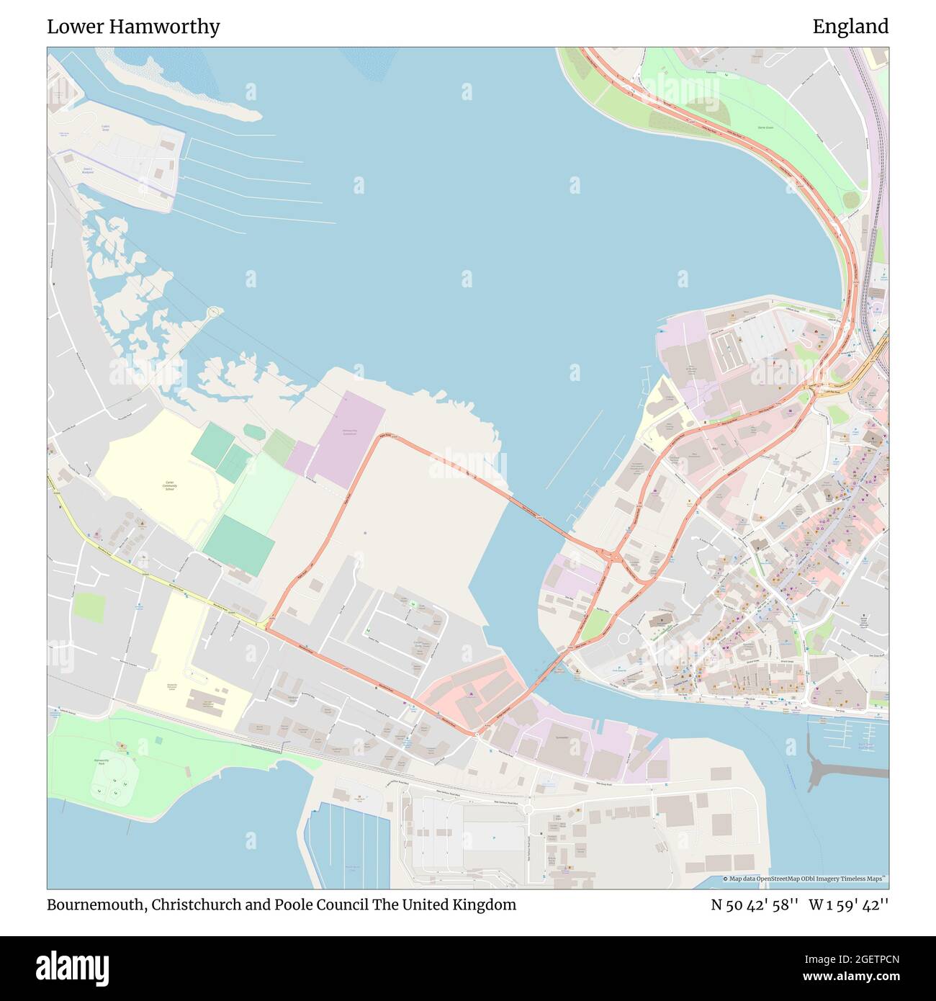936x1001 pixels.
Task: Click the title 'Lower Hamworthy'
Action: [133, 27]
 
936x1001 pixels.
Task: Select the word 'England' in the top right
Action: [850, 27]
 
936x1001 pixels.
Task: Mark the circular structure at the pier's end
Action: [214, 313]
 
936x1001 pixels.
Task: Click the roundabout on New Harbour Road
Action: [528, 809]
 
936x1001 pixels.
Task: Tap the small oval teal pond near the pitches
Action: [253, 431]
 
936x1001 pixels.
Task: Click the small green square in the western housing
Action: [89, 607]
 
